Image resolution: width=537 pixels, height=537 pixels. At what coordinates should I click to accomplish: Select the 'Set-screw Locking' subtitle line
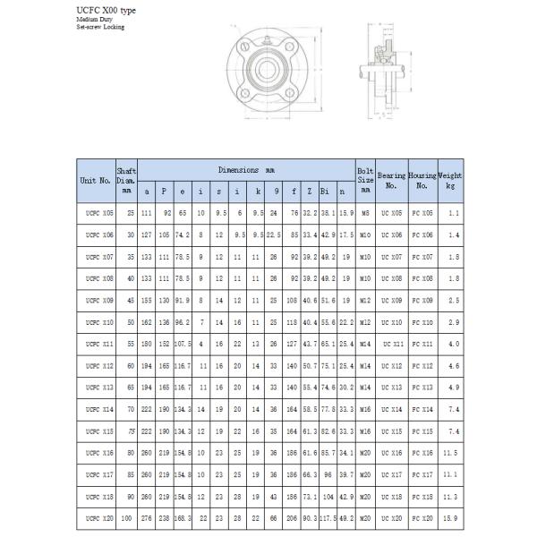[x=100, y=27]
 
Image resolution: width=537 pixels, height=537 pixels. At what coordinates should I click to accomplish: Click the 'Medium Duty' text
[x=93, y=19]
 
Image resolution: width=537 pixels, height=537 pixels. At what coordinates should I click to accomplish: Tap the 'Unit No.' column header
[x=95, y=180]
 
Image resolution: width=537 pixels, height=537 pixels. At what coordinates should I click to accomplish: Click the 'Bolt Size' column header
[x=364, y=179]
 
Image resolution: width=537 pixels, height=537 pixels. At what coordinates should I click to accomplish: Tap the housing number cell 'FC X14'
[x=422, y=408]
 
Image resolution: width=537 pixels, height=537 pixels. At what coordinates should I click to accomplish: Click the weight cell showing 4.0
[x=451, y=344]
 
